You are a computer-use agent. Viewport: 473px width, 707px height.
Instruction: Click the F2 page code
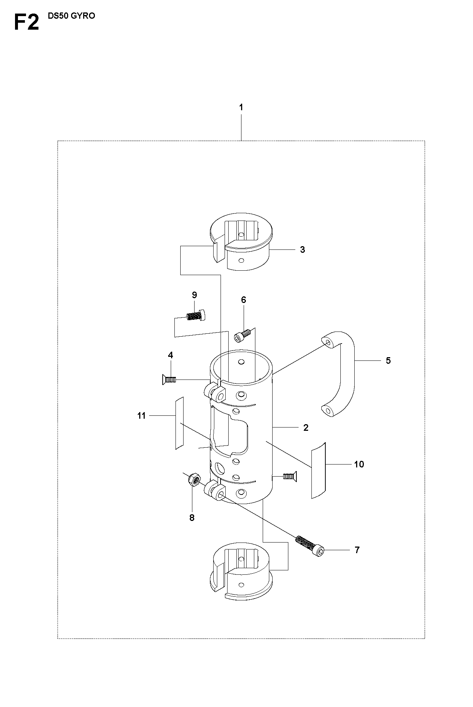(x=26, y=22)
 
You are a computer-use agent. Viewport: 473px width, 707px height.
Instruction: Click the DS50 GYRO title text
(x=71, y=16)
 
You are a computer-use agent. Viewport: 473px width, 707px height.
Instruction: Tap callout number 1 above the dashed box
(x=241, y=108)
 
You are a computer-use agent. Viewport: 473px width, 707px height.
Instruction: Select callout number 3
(x=302, y=249)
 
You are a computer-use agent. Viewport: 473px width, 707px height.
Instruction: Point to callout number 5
(x=388, y=360)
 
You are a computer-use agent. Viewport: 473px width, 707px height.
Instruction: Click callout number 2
(x=306, y=427)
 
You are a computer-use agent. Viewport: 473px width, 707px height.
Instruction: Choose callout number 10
(x=359, y=464)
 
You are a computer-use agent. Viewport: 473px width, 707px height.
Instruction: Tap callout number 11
(x=141, y=416)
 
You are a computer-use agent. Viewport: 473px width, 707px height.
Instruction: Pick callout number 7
(x=357, y=550)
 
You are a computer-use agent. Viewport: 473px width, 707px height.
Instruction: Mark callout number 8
(x=192, y=518)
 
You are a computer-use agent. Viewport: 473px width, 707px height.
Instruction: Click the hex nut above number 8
(x=193, y=479)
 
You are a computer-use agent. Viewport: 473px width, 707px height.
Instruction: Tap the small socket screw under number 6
(x=242, y=334)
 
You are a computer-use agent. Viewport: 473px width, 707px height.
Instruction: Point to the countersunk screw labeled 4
(x=169, y=380)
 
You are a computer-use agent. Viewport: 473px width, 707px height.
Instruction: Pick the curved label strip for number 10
(x=318, y=470)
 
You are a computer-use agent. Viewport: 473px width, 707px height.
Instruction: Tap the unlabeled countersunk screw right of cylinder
(x=290, y=476)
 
